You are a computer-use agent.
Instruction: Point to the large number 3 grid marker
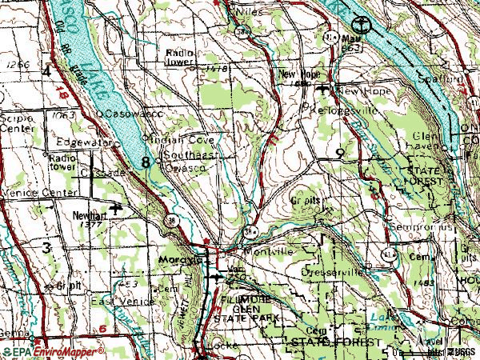[47, 248]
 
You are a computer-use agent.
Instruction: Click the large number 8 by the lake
[146, 162]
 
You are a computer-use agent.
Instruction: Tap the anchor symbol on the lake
[361, 24]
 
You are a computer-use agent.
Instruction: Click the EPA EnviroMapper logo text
[54, 352]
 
